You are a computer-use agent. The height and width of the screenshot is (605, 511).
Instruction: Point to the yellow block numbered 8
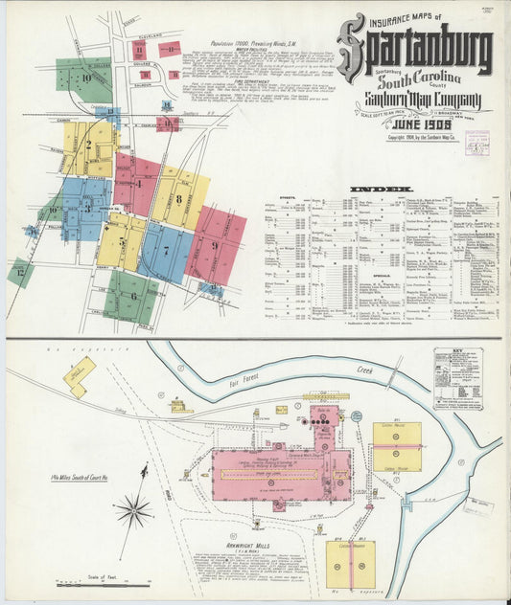tap(178, 199)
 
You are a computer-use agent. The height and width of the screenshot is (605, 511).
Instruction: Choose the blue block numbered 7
tap(166, 251)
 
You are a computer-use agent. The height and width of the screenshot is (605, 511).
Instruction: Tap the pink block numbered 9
tap(215, 245)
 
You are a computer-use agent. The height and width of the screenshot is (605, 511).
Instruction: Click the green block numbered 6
tap(132, 297)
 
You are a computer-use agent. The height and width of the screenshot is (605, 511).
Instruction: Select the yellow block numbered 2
tap(88, 146)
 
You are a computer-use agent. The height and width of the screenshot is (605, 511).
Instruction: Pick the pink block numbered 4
tap(138, 183)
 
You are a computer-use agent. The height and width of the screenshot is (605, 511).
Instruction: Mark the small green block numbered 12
tap(20, 273)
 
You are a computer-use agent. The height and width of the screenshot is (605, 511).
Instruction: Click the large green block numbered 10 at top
tap(84, 77)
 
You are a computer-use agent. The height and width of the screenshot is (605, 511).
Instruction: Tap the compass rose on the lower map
tap(133, 509)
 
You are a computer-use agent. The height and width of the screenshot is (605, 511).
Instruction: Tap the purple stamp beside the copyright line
tap(473, 144)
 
